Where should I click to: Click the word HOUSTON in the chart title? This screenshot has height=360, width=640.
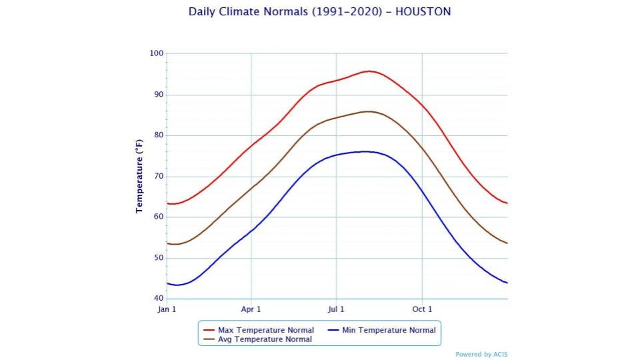423,12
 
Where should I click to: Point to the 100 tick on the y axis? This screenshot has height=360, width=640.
157,53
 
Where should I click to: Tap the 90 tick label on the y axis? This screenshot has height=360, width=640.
158,95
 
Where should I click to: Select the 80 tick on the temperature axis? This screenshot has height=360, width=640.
158,135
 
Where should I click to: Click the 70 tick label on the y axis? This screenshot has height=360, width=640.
158,177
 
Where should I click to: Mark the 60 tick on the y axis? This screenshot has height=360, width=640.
158,217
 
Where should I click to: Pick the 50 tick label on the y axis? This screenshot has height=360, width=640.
158,258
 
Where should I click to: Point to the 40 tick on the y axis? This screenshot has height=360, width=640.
158,299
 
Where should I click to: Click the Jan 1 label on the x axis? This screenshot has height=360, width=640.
167,309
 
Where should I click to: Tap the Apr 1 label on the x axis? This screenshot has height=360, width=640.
251,309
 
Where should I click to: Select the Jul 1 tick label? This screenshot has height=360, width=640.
336,309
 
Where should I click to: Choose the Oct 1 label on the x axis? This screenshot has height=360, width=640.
422,309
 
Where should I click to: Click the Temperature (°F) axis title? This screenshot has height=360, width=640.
139,176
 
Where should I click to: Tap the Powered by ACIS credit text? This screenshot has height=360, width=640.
481,355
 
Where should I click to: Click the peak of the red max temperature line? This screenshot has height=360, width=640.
369,71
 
